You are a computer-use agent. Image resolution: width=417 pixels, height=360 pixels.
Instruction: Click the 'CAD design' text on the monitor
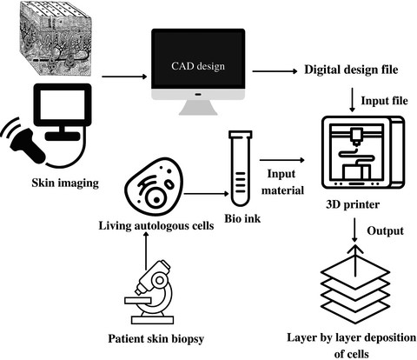198,66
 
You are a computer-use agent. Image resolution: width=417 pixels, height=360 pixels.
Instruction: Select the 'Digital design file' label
351,70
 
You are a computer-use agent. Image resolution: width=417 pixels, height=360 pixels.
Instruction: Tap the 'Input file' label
384,101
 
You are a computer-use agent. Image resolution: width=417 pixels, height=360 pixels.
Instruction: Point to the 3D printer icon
363,153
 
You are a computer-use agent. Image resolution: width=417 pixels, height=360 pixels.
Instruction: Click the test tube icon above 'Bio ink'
241,168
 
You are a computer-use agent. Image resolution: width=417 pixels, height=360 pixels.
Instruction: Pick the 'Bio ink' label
242,218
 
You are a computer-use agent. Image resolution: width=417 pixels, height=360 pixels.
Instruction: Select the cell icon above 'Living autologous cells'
154,187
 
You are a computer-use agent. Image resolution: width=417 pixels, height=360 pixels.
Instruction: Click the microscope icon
149,292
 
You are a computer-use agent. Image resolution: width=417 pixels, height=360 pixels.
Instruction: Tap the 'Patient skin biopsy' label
156,339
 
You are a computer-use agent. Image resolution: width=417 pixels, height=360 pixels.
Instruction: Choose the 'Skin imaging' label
65,183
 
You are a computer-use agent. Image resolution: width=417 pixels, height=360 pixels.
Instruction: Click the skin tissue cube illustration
56,38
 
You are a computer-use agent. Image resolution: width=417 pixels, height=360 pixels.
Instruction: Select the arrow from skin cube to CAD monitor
124,77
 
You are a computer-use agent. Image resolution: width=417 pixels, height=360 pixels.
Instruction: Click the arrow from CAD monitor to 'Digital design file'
275,71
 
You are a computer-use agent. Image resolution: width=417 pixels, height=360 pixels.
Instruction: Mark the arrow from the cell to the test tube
206,194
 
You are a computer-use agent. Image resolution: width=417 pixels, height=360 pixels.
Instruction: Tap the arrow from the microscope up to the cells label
146,250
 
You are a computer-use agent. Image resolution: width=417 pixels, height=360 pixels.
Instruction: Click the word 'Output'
385,231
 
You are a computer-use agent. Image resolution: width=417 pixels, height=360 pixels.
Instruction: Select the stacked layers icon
354,284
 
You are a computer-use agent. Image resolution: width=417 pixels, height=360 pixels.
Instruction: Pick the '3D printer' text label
353,204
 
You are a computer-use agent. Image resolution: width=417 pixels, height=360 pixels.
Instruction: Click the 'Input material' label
282,182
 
